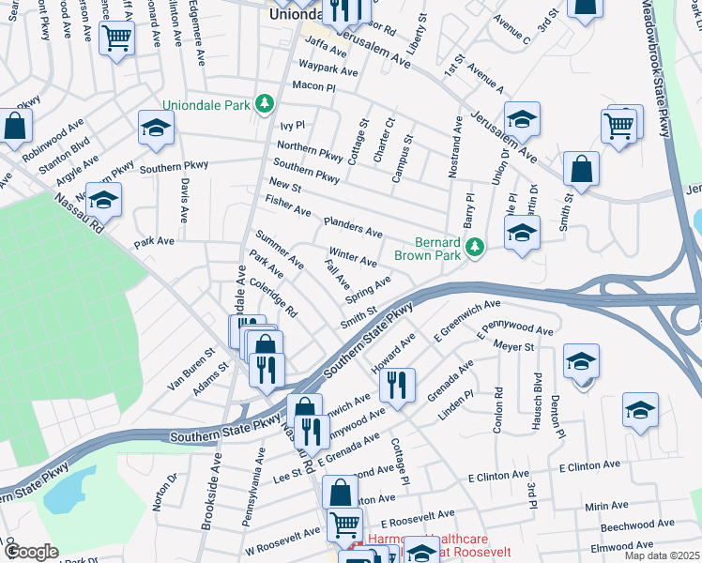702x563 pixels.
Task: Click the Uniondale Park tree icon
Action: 266,103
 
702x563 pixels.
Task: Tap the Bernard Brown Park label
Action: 438,248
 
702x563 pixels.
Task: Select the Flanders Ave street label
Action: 352,226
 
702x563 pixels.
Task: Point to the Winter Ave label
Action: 353,257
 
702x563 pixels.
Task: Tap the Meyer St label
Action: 515,346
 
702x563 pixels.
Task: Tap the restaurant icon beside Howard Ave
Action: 397,384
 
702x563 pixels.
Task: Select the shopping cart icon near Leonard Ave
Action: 116,38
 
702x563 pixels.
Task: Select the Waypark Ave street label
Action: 328,70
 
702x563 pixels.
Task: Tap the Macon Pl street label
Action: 313,86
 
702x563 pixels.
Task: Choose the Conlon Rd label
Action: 498,409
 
